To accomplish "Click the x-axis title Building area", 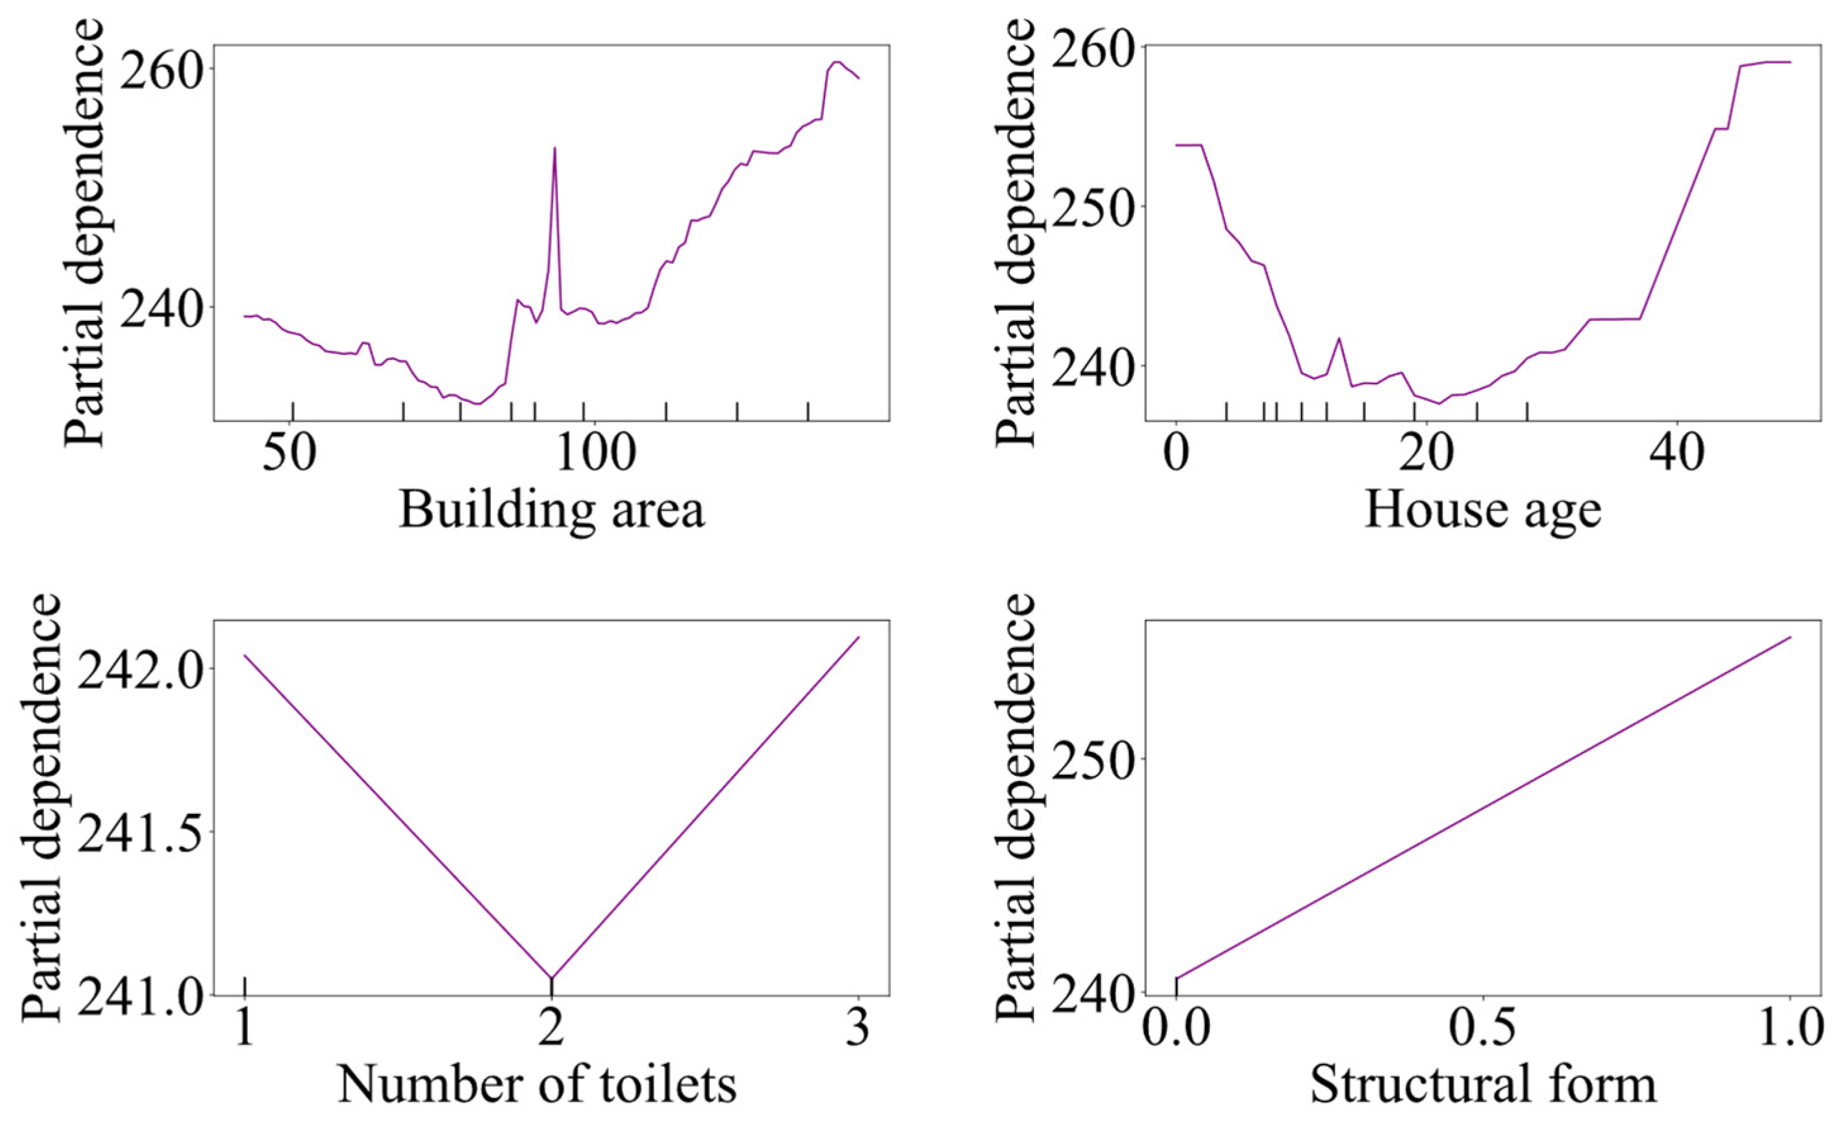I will pos(551,511).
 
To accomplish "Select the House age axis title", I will pos(1482,511).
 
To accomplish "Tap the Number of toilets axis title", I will pos(537,1085).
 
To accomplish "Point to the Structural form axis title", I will pos(1483,1085).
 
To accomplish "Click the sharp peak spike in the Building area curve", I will pos(554,148).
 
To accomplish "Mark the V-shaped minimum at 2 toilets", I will pos(551,978).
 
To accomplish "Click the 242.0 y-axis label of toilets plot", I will pos(142,668).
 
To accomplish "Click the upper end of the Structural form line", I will pos(1789,637).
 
